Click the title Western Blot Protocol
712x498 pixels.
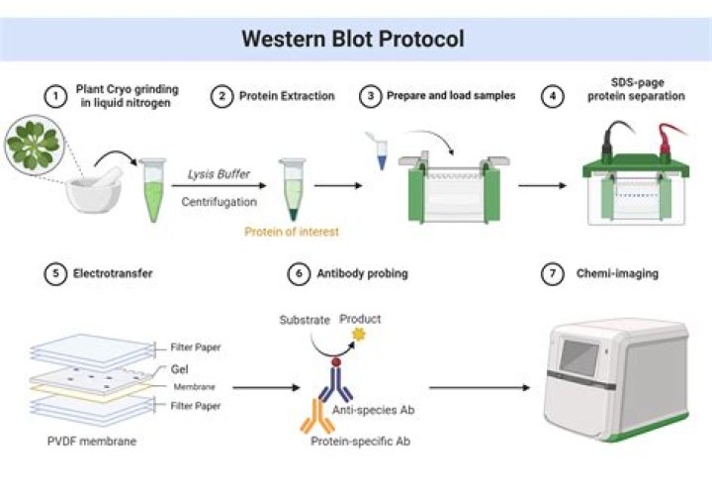pyautogui.click(x=354, y=40)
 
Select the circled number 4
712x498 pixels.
pyautogui.click(x=553, y=96)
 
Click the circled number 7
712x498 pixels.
pyautogui.click(x=553, y=272)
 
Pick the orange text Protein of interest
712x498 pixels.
pyautogui.click(x=288, y=232)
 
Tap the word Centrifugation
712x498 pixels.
pyautogui.click(x=220, y=202)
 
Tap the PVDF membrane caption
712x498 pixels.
pyautogui.click(x=91, y=441)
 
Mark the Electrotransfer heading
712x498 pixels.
pyautogui.click(x=110, y=272)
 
